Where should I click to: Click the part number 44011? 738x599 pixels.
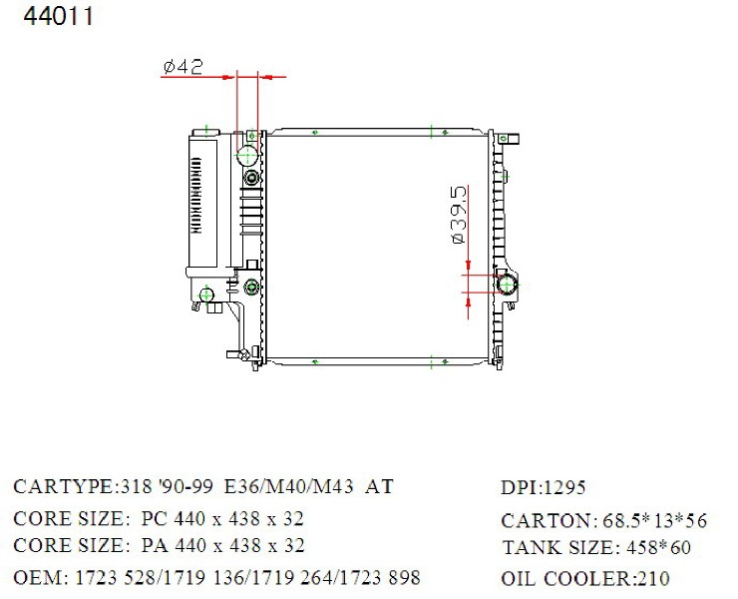click(x=59, y=16)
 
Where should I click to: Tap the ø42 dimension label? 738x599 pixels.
click(x=184, y=67)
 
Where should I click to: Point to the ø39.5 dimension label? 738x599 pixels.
click(x=459, y=215)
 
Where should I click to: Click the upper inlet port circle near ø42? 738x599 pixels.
click(x=247, y=155)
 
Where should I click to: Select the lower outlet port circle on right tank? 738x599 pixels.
click(x=507, y=285)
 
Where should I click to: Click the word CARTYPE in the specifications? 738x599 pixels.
click(x=63, y=486)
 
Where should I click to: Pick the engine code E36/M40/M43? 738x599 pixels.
click(x=288, y=486)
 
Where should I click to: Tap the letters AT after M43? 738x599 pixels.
click(x=379, y=486)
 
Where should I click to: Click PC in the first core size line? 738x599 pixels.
click(x=154, y=518)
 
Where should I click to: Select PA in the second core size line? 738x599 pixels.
click(x=155, y=545)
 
